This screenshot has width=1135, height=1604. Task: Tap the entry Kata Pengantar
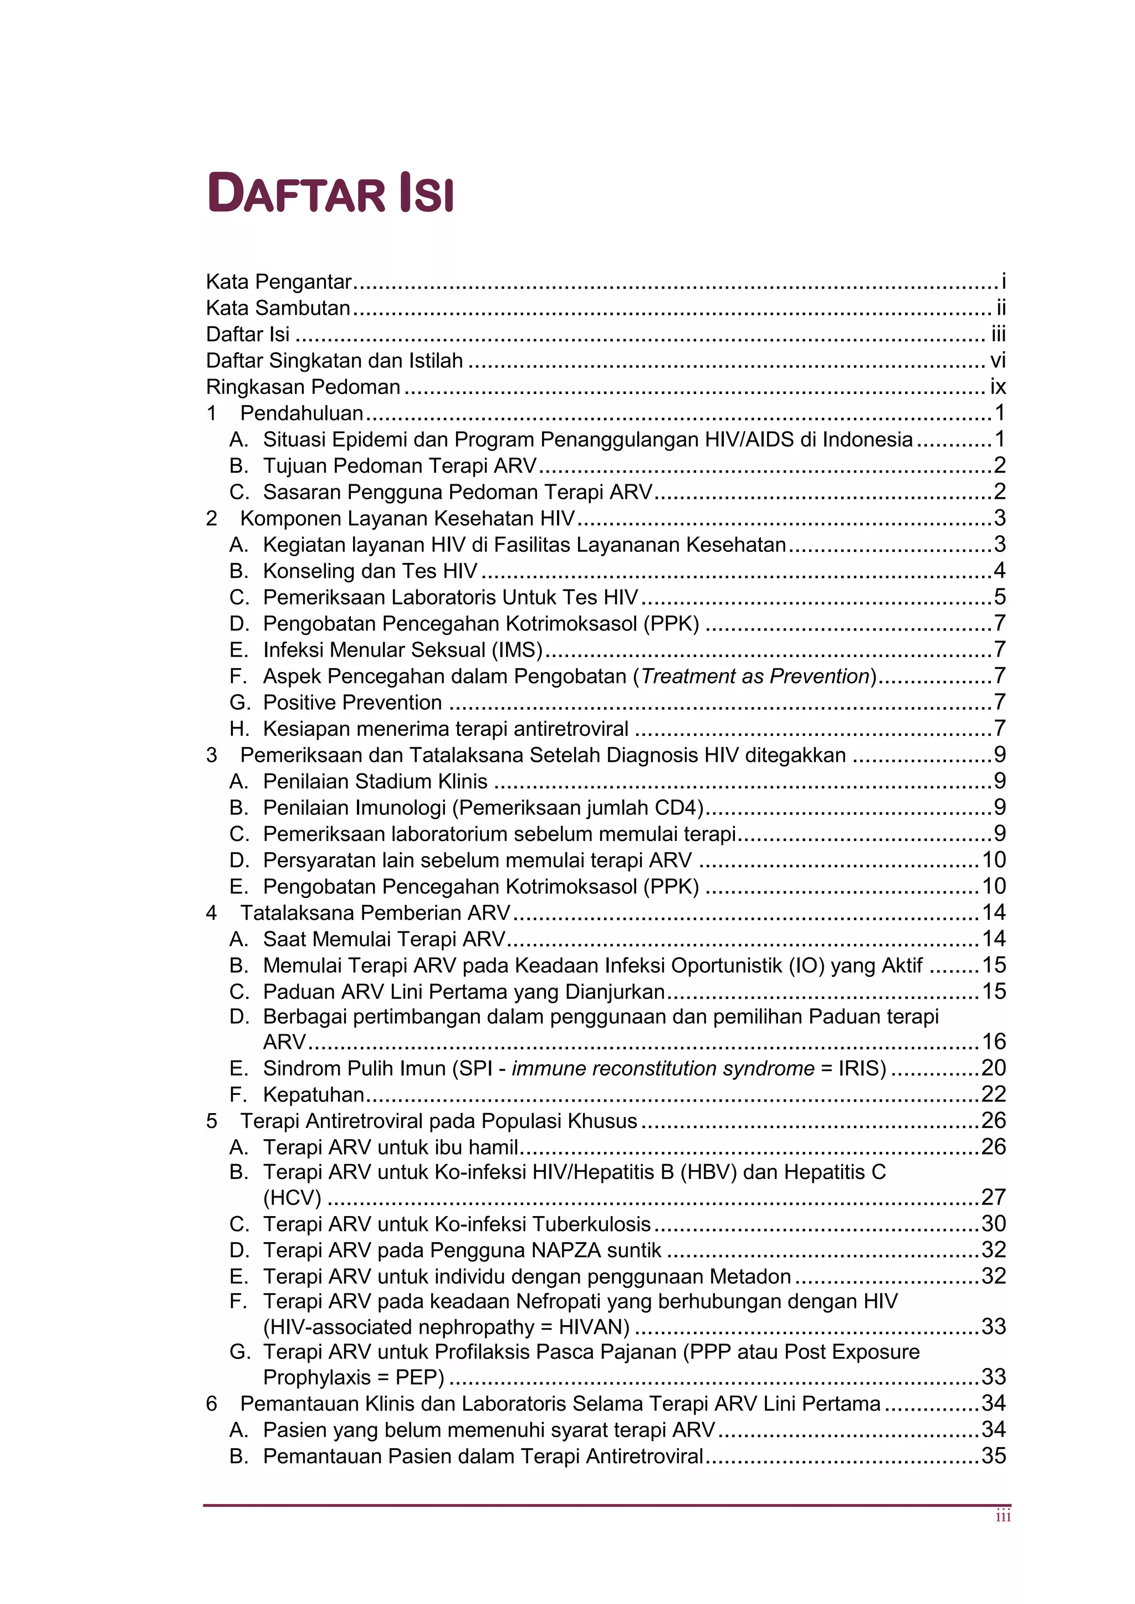[x=278, y=281]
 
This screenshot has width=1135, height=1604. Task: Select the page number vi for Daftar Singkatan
[x=998, y=361]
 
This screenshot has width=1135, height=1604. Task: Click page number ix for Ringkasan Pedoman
[x=998, y=387]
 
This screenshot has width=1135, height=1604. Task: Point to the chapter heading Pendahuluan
[x=301, y=413]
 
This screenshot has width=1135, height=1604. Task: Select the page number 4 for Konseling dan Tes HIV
[x=999, y=571]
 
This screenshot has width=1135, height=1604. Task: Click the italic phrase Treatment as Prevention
[x=755, y=677]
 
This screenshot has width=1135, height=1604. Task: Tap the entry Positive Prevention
[x=352, y=702]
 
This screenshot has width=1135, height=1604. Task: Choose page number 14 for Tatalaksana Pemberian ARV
[x=993, y=913]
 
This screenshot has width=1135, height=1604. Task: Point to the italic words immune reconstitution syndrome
[x=663, y=1068]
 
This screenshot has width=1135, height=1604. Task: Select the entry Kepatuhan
[x=314, y=1095]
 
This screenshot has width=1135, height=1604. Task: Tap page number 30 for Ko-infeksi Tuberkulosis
[x=993, y=1224]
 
